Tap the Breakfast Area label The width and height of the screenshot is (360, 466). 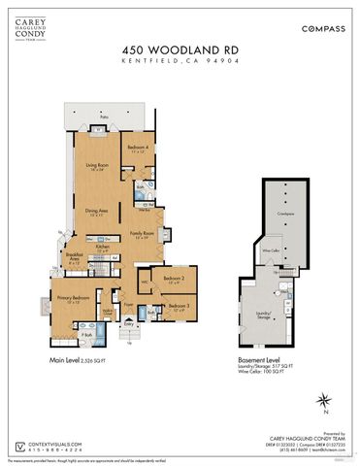(x=71, y=259)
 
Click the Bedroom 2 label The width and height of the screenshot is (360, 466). (x=174, y=281)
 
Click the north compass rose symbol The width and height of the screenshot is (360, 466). (x=328, y=399)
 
